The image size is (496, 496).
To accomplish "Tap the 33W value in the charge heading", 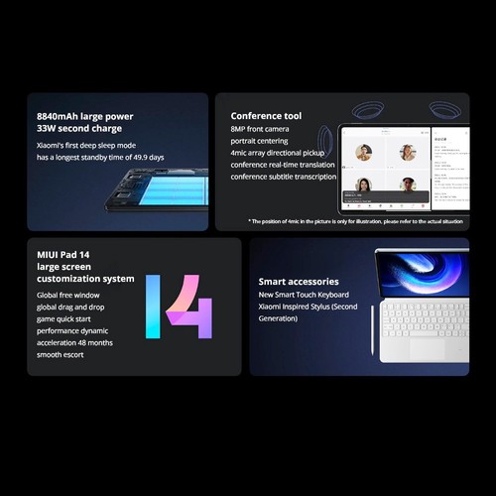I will (x=49, y=128).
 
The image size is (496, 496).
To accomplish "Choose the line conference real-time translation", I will (x=282, y=165).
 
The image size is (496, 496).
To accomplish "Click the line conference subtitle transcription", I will (x=283, y=177).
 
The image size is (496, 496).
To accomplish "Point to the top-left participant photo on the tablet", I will (x=363, y=152).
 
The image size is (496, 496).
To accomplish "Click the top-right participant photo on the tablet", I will (x=407, y=152).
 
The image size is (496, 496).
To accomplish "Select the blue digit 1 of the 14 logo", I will (x=153, y=307).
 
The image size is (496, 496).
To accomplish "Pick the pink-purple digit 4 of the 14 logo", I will (x=189, y=308).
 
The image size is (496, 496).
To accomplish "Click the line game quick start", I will (x=68, y=317).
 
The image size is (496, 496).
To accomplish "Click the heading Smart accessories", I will (x=298, y=282).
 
